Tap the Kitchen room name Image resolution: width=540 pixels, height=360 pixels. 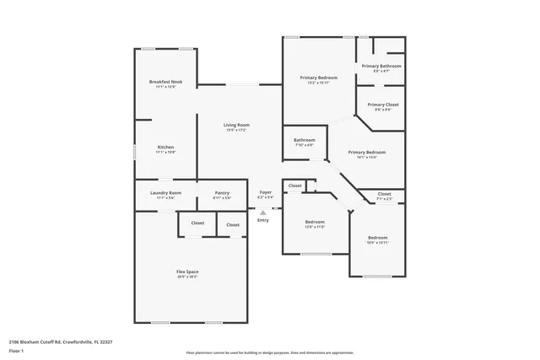[165, 148]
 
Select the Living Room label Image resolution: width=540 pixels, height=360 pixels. [235, 125]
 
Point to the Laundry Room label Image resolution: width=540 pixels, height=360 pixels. [165, 193]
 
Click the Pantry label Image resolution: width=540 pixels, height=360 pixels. [222, 193]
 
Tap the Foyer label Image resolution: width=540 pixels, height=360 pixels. [265, 193]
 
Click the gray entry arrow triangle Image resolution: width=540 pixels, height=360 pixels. [262, 212]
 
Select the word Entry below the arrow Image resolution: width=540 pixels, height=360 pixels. [263, 220]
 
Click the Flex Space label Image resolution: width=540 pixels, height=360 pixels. [187, 271]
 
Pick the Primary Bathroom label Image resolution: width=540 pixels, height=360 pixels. [381, 66]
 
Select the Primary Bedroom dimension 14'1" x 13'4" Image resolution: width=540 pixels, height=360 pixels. [371, 158]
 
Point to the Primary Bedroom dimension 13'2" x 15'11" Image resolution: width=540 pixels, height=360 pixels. [318, 83]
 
